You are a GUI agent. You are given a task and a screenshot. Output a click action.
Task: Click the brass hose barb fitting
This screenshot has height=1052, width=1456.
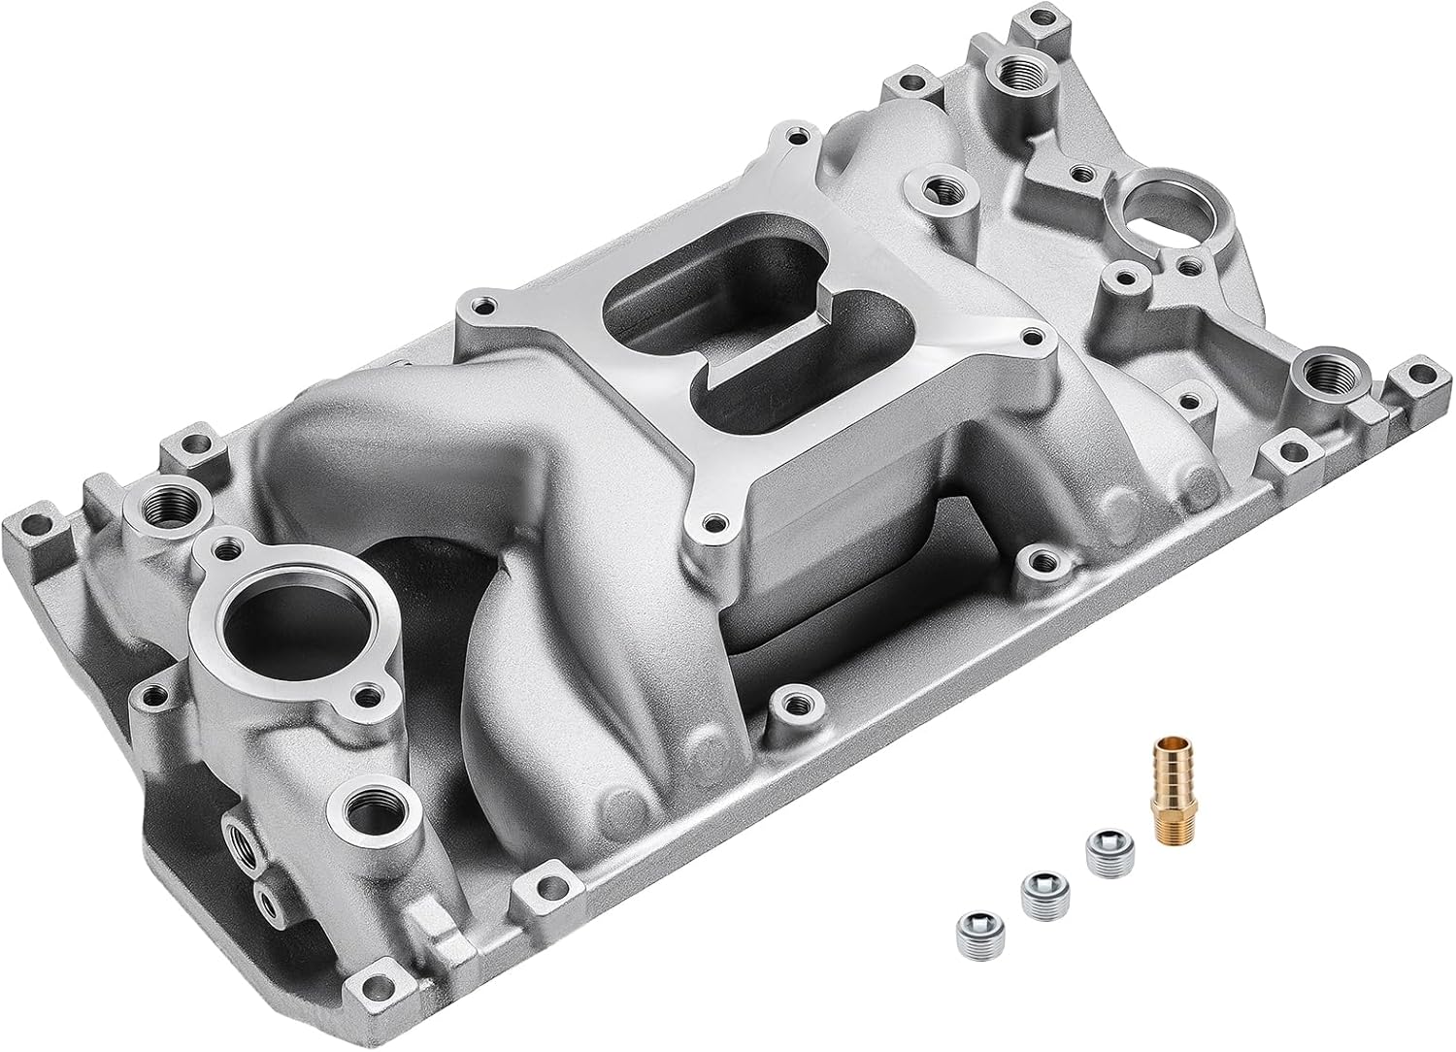(1164, 777)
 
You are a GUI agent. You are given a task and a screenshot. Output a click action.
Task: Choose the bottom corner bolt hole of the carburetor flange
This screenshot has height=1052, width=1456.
(713, 523)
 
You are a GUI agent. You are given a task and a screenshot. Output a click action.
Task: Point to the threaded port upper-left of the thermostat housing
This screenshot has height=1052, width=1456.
(158, 503)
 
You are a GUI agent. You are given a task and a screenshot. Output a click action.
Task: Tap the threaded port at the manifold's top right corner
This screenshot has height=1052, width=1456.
(1021, 70)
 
